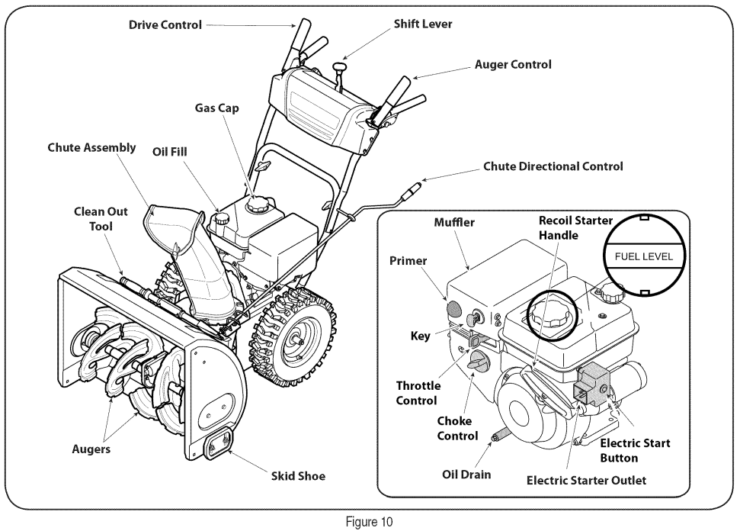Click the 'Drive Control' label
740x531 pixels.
coord(165,24)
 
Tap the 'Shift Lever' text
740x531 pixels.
coord(422,24)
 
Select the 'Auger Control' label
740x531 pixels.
coord(512,65)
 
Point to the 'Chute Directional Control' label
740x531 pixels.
coord(553,166)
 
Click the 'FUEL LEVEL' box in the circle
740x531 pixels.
coord(639,256)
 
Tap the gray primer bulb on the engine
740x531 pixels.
coord(453,309)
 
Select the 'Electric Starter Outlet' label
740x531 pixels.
coord(586,480)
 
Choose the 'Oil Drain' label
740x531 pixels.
coord(466,475)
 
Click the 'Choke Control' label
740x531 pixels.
coord(457,428)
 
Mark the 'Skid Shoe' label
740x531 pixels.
coord(298,476)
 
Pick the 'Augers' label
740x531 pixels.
coord(91,449)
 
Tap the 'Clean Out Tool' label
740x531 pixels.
coord(101,218)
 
